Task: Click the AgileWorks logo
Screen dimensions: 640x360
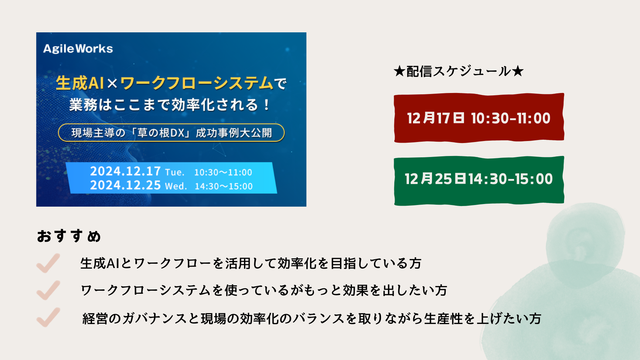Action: (x=78, y=49)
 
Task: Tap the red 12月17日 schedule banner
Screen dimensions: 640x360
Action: (x=479, y=118)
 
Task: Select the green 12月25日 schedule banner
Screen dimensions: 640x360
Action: (x=479, y=181)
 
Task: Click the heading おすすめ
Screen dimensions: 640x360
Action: (x=69, y=236)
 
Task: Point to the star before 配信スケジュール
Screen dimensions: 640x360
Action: (x=399, y=71)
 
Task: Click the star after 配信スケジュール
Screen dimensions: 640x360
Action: (x=518, y=71)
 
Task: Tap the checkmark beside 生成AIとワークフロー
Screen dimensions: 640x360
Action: (x=48, y=263)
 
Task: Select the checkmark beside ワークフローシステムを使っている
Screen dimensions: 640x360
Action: (x=48, y=290)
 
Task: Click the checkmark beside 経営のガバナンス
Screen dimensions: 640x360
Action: (x=48, y=317)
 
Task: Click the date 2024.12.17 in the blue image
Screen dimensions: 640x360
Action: (x=125, y=171)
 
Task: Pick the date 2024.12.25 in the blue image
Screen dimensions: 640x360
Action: (x=125, y=185)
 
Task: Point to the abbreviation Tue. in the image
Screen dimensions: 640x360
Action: (x=175, y=172)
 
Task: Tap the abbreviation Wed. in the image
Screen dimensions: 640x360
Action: (x=176, y=186)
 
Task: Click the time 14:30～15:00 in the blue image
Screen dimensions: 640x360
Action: (x=224, y=186)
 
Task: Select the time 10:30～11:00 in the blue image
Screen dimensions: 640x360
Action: (x=223, y=172)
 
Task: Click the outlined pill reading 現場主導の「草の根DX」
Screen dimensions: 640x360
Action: (x=171, y=133)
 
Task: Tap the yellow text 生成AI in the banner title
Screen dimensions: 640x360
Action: (x=80, y=83)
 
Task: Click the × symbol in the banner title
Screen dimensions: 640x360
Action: (x=112, y=83)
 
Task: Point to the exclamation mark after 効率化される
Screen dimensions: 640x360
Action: (x=266, y=105)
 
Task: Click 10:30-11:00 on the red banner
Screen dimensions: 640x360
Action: (x=511, y=118)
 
